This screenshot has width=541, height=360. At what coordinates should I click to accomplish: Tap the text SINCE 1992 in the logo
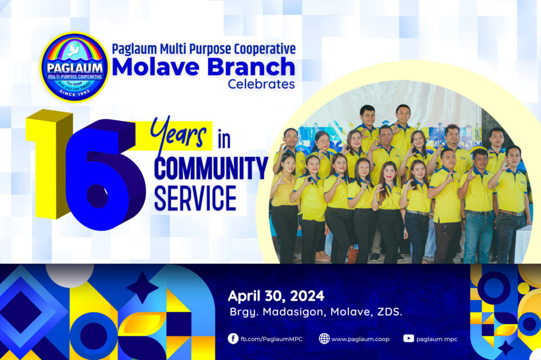(x=74, y=93)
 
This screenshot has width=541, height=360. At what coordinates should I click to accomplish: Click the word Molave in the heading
(x=155, y=67)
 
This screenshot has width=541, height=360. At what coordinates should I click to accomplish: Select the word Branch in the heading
(x=251, y=66)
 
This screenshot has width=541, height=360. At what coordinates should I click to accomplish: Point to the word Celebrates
(x=261, y=84)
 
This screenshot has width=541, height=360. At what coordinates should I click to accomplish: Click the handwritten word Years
(x=178, y=134)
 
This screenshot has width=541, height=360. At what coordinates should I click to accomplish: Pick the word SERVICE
(x=195, y=198)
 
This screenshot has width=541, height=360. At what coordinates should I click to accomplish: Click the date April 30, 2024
(x=276, y=296)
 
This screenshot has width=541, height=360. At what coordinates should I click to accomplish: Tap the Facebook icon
(x=233, y=339)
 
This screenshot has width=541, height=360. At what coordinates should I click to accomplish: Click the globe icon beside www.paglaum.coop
(x=324, y=339)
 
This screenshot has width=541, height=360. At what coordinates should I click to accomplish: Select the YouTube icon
(x=409, y=339)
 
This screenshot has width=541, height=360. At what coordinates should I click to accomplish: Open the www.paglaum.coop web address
(x=360, y=339)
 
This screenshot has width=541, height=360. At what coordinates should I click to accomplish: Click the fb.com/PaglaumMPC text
(x=271, y=339)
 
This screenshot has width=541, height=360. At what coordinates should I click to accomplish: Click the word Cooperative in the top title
(x=265, y=49)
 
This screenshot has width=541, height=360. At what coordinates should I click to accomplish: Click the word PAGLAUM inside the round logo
(x=74, y=68)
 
